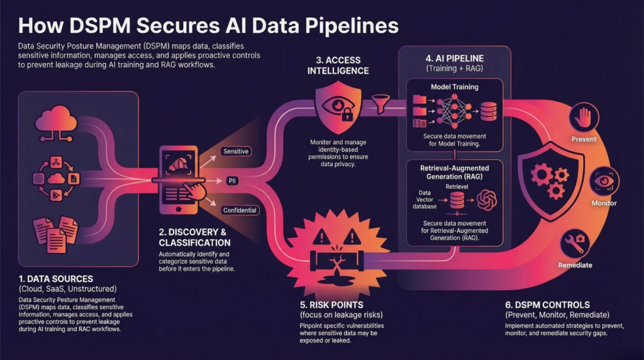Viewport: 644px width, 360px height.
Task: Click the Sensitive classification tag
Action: (x=236, y=151)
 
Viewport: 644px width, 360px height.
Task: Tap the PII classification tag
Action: (x=231, y=181)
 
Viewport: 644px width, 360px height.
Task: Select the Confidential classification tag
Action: (x=239, y=210)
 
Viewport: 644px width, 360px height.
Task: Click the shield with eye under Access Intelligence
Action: (x=338, y=103)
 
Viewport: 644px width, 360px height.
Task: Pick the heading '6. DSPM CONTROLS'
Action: (x=548, y=304)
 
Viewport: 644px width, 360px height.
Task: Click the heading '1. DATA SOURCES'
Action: (x=56, y=278)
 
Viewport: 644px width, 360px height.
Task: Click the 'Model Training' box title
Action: (x=454, y=87)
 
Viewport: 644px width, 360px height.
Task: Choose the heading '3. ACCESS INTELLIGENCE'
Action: (x=339, y=65)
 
